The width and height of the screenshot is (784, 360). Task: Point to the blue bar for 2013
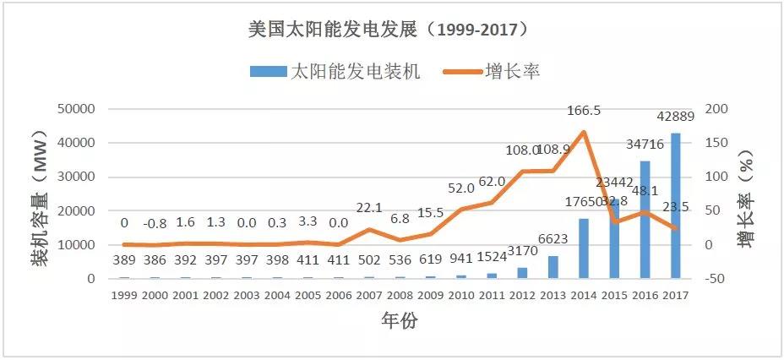[x=553, y=266]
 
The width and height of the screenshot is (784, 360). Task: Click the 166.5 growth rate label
[x=584, y=111]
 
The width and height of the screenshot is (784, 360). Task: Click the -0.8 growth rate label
[x=155, y=224]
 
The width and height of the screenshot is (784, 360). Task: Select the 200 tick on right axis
[x=715, y=109]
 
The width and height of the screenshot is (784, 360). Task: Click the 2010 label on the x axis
[x=461, y=295]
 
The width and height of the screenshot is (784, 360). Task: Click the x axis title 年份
[x=399, y=321]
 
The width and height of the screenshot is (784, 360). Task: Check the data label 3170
[x=522, y=250]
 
